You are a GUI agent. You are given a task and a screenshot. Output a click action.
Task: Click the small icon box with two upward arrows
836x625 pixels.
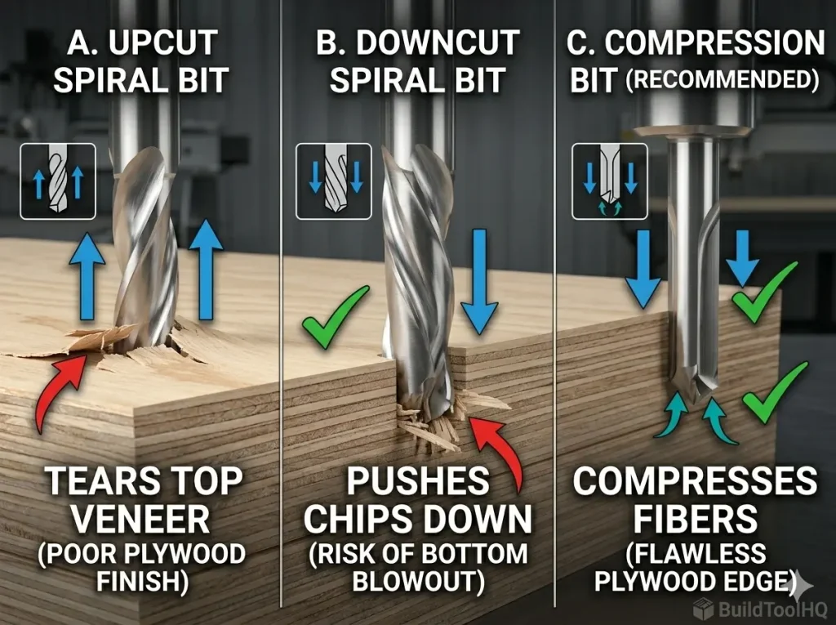[58, 181]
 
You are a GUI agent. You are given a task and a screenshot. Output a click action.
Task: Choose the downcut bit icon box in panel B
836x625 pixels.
[333, 181]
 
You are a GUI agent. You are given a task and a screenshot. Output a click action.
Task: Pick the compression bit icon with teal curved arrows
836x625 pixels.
[610, 181]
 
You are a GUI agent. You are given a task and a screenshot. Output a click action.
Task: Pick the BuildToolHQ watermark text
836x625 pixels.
[770, 609]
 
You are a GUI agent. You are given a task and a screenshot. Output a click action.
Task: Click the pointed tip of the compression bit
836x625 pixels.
[691, 400]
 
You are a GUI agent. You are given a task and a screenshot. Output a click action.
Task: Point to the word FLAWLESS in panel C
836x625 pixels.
[693, 553]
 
